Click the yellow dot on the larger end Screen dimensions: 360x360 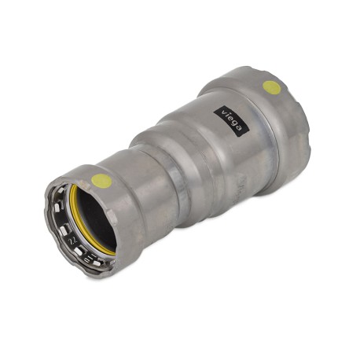point(272,88)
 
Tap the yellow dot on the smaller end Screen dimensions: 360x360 point(101,181)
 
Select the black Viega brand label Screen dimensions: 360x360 point(231,121)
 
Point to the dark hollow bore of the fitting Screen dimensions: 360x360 point(96,219)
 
